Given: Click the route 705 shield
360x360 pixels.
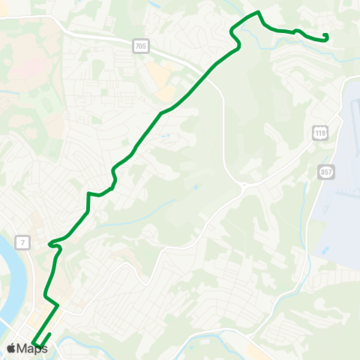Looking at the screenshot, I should click(142, 47).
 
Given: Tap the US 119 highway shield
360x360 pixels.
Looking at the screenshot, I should click(320, 133).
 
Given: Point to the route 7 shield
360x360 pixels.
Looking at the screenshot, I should click(25, 241).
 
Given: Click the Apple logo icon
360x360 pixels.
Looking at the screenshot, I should click(11, 348).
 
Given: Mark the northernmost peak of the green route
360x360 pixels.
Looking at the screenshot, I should click(258, 12).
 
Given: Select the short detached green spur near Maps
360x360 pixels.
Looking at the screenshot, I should click(46, 340).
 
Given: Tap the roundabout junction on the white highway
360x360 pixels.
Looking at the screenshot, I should click(244, 184).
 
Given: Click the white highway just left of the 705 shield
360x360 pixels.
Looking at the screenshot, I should click(112, 43).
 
